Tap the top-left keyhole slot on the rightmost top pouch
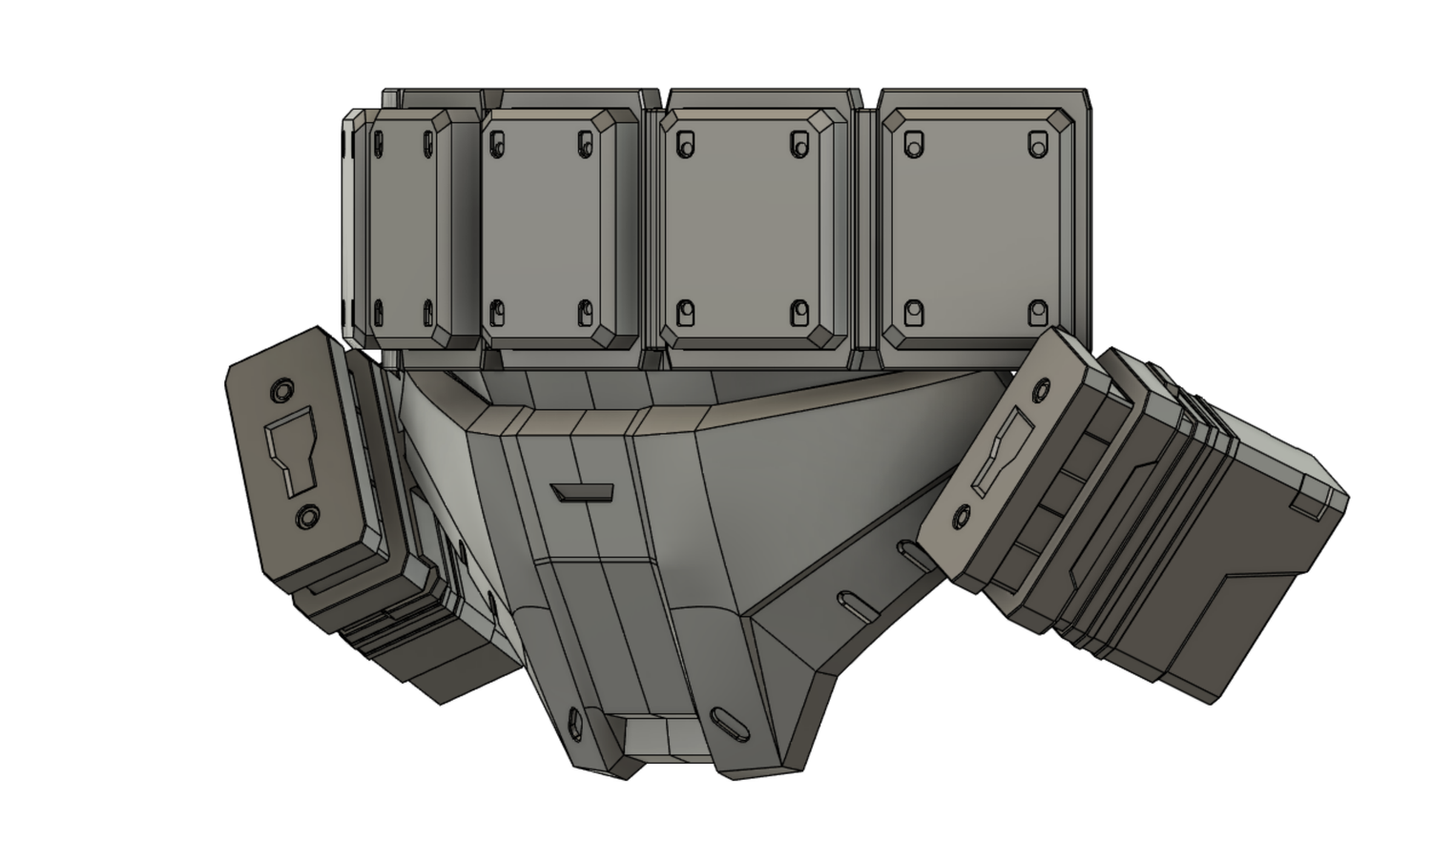[914, 144]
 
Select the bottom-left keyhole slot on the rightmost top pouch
[914, 312]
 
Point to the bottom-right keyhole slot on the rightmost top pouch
[1037, 312]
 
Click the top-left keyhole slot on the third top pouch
[683, 144]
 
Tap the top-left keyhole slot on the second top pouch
[496, 143]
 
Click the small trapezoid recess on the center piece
[583, 492]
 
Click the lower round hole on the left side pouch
[307, 517]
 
